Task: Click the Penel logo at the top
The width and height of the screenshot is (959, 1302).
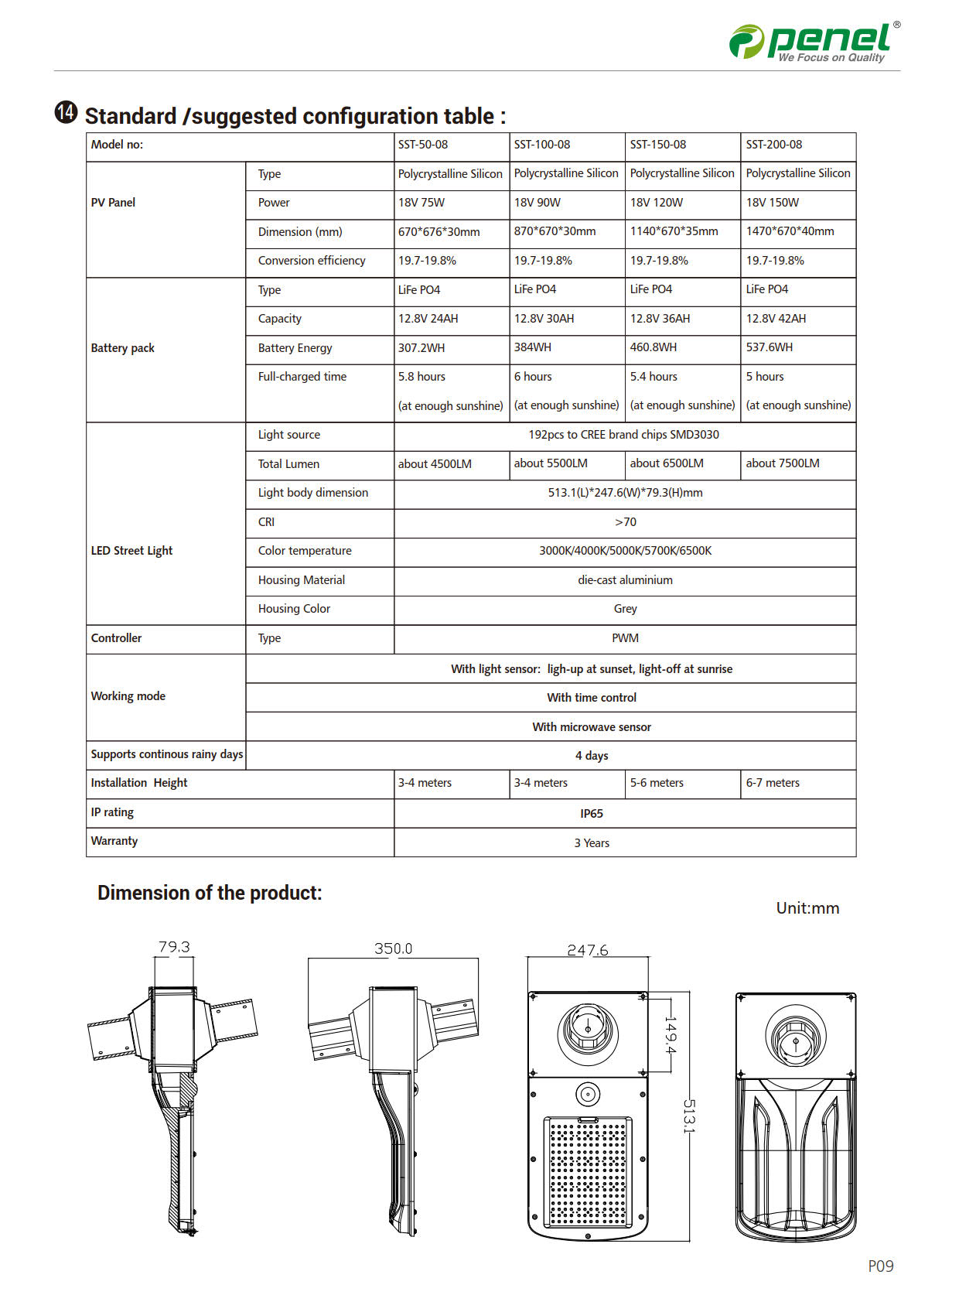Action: click(814, 41)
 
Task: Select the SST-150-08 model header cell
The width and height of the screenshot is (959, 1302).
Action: click(658, 145)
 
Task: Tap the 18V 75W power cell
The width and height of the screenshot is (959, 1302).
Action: click(421, 203)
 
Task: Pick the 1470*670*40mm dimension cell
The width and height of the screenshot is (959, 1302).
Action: click(790, 231)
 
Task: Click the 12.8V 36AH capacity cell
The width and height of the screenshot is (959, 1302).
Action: click(660, 319)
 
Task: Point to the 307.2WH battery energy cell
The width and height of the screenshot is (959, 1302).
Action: click(421, 348)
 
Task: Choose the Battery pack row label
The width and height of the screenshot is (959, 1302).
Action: click(123, 348)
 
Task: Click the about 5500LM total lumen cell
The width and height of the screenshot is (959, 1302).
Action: click(551, 463)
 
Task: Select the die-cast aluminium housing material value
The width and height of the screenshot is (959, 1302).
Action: click(625, 580)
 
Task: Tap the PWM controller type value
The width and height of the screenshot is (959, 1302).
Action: click(625, 638)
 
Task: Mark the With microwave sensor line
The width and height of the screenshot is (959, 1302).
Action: click(592, 727)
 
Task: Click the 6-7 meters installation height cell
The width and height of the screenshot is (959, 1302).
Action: click(773, 783)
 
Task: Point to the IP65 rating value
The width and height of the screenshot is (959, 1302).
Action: click(592, 814)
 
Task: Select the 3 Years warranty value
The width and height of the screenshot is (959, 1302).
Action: click(592, 843)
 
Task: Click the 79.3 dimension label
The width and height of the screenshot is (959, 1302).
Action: click(174, 947)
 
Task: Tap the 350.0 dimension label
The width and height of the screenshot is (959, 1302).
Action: click(393, 948)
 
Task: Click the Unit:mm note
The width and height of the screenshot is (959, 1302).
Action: click(807, 908)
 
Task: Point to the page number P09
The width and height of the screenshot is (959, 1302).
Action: click(880, 1266)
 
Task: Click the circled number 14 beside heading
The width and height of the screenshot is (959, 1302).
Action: click(67, 113)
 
